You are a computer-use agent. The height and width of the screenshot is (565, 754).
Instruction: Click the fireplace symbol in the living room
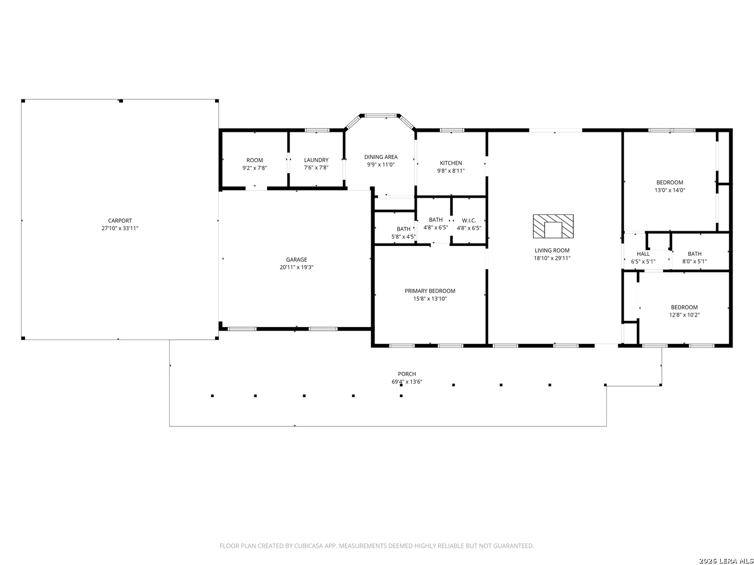click(x=553, y=226)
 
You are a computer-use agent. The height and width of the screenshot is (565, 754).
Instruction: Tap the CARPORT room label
click(x=120, y=221)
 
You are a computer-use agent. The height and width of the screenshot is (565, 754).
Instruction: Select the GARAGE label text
click(x=296, y=259)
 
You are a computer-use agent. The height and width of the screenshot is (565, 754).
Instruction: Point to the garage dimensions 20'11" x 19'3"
click(x=296, y=267)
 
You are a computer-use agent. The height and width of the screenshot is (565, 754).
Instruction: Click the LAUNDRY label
click(x=316, y=160)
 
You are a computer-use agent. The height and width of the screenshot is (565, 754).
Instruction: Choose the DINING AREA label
click(x=381, y=157)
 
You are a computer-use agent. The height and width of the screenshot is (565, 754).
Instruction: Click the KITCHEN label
click(x=451, y=163)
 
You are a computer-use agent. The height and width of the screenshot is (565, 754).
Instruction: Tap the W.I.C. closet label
click(x=469, y=220)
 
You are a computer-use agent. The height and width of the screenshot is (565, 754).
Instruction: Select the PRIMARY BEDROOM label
click(x=430, y=291)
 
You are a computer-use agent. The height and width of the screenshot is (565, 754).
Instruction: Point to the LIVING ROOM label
click(x=552, y=251)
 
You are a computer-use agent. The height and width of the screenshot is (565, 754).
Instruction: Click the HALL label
click(x=643, y=254)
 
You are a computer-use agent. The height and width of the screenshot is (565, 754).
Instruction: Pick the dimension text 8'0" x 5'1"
click(x=694, y=262)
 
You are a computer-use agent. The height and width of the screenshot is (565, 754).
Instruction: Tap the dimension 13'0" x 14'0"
click(x=670, y=190)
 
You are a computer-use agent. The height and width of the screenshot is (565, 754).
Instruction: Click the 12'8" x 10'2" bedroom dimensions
click(x=684, y=315)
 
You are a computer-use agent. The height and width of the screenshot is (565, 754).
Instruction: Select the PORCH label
click(x=407, y=374)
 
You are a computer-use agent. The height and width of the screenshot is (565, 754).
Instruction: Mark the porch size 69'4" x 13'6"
click(x=407, y=382)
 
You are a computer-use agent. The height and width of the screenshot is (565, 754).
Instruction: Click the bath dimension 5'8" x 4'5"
click(x=403, y=236)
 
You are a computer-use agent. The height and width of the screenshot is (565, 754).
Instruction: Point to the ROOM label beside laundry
click(x=254, y=160)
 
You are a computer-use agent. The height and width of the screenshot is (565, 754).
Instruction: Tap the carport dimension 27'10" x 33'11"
click(x=120, y=228)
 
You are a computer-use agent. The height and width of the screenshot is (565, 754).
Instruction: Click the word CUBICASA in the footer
click(x=308, y=546)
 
